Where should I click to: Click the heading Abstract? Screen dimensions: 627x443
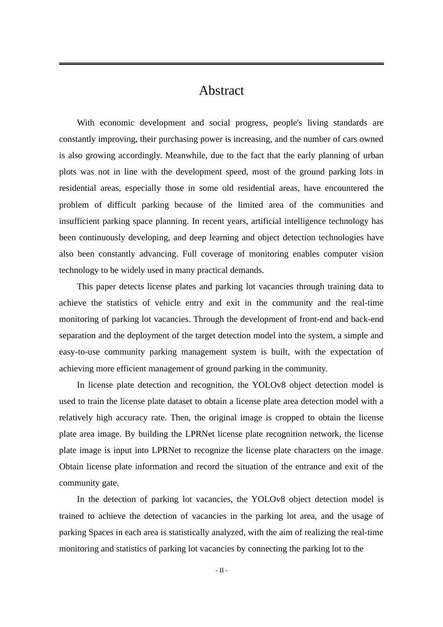point(221,91)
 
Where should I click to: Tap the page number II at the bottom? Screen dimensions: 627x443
point(221,571)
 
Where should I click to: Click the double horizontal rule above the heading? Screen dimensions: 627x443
point(221,63)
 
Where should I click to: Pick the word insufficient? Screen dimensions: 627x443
point(79,221)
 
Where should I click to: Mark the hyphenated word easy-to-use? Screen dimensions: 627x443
point(79,352)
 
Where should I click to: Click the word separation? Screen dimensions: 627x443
point(77,335)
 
